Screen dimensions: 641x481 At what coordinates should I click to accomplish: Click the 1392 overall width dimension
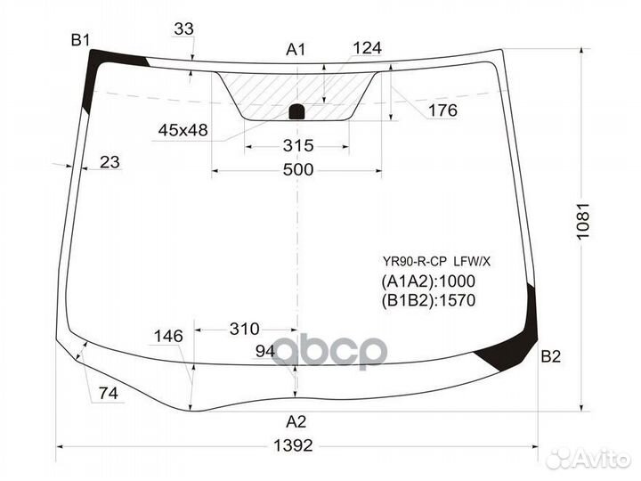point(293,445)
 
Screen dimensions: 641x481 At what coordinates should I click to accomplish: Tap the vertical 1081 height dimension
point(583,221)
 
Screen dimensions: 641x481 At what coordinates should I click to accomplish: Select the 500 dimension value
point(298,169)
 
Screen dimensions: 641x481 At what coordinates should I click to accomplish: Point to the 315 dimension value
point(298,145)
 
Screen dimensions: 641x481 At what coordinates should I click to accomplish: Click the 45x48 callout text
point(183,130)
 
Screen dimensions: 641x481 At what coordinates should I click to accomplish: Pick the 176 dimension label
point(442,110)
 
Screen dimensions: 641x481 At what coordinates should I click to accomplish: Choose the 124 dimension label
point(367,48)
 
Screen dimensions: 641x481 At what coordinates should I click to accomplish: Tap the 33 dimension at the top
point(183,29)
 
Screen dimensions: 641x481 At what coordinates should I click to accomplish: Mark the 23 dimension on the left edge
point(110,162)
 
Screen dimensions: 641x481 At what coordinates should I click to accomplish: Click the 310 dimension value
point(245,329)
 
